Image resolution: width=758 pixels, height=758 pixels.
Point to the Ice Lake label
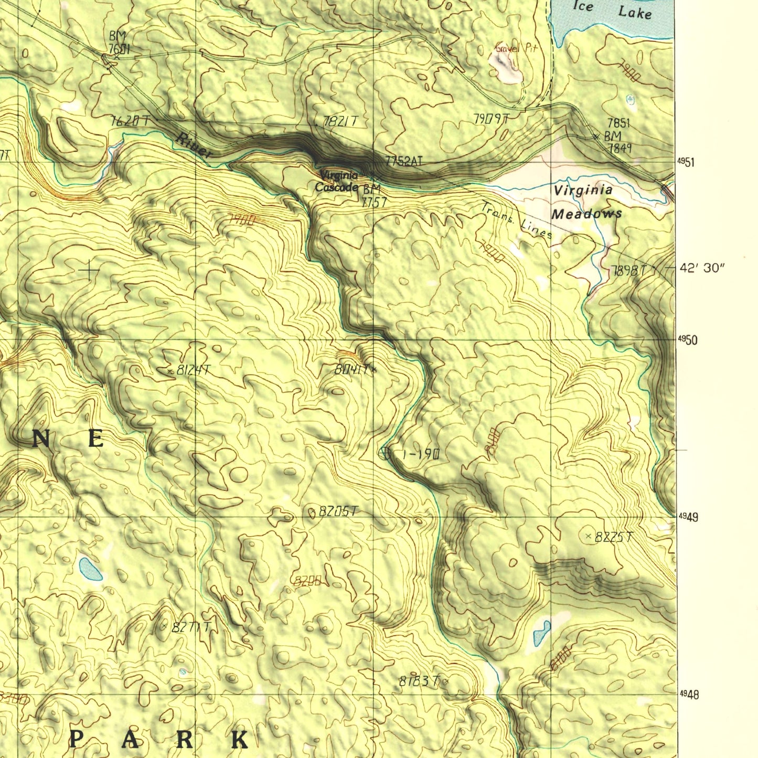[612, 9]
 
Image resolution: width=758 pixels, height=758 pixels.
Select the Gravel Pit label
[516, 48]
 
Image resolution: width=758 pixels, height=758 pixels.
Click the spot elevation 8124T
[192, 370]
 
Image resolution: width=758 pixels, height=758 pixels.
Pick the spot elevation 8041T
[353, 369]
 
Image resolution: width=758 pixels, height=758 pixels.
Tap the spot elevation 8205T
[338, 511]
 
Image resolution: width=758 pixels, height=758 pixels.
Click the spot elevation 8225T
[614, 537]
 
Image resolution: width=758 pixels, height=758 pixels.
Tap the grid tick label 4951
[686, 163]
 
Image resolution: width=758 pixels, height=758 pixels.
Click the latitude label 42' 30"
[702, 268]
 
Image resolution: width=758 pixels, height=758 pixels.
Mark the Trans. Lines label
[517, 220]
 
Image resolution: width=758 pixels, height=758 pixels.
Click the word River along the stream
[194, 145]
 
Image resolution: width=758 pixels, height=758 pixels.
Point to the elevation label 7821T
[340, 122]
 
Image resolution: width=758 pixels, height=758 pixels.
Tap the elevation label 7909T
[491, 119]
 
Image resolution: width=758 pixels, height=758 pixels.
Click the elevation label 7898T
[628, 271]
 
